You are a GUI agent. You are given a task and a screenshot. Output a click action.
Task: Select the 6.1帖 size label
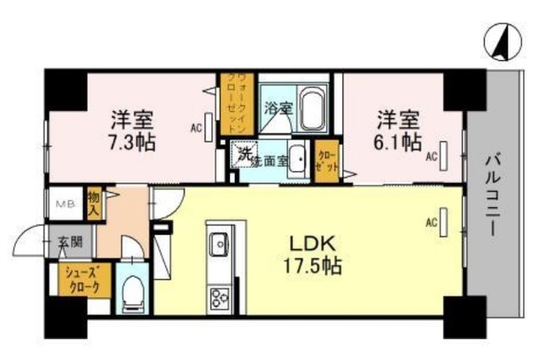pos(399,140)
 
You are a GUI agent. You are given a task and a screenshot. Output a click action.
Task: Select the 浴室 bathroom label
pos(279,108)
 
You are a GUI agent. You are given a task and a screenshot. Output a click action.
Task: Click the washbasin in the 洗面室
pos(297,160)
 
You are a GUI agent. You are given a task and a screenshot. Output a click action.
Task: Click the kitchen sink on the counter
pos(217,242)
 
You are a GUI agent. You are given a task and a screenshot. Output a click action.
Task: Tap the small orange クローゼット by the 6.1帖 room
pos(327,161)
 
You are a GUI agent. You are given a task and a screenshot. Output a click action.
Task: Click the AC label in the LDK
pos(431,222)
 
